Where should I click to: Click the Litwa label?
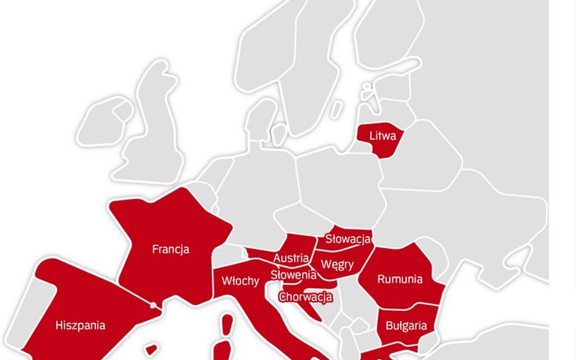tap(382, 136)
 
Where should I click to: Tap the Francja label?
tap(170, 250)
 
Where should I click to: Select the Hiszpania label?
tap(80, 325)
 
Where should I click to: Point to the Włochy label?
tap(240, 281)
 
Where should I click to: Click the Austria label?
tap(290, 258)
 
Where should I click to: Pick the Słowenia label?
tap(293, 274)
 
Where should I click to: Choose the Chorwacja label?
tap(306, 297)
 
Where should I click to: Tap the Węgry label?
tap(337, 265)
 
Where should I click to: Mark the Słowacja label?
tap(348, 239)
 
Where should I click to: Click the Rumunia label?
tap(400, 279)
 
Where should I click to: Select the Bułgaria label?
tap(406, 325)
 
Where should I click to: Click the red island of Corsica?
tap(227, 324)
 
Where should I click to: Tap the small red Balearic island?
tap(151, 350)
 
